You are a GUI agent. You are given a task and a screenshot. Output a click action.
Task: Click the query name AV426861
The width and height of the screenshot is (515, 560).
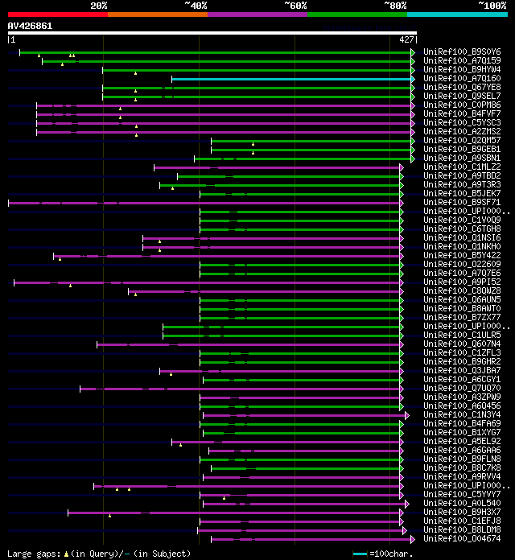pyautogui.click(x=31, y=26)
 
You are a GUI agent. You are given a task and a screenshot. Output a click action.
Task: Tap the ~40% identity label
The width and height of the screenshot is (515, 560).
pyautogui.click(x=196, y=6)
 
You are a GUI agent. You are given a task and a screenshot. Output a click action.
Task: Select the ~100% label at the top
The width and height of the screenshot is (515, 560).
pyautogui.click(x=492, y=6)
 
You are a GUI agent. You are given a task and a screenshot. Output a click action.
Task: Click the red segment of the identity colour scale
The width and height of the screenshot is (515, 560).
pyautogui.click(x=57, y=14)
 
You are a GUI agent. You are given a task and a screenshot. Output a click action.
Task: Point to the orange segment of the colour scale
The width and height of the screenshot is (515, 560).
pyautogui.click(x=157, y=14)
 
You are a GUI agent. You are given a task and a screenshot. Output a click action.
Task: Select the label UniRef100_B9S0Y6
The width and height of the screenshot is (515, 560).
pyautogui.click(x=462, y=51)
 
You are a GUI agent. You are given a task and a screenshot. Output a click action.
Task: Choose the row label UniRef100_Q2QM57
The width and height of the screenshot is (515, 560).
pyautogui.click(x=462, y=140)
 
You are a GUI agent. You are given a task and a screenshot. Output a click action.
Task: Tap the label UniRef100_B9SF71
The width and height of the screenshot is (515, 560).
pyautogui.click(x=462, y=202)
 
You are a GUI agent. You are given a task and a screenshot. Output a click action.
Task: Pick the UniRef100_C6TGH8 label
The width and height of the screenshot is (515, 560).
pyautogui.click(x=462, y=229)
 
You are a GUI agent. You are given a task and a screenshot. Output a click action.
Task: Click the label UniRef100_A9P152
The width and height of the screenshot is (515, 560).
pyautogui.click(x=462, y=282)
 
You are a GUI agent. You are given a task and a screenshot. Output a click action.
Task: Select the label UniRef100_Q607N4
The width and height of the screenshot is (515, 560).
pyautogui.click(x=462, y=344)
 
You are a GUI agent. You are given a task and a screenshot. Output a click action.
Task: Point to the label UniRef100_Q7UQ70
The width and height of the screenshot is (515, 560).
pyautogui.click(x=462, y=388)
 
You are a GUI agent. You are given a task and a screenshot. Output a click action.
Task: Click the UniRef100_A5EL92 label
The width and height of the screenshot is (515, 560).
pyautogui.click(x=462, y=441)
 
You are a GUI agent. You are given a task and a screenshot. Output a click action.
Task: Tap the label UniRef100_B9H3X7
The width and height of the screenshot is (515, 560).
pyautogui.click(x=462, y=512)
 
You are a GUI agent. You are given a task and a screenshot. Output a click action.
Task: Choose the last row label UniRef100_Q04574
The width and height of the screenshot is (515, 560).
pyautogui.click(x=462, y=538)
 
